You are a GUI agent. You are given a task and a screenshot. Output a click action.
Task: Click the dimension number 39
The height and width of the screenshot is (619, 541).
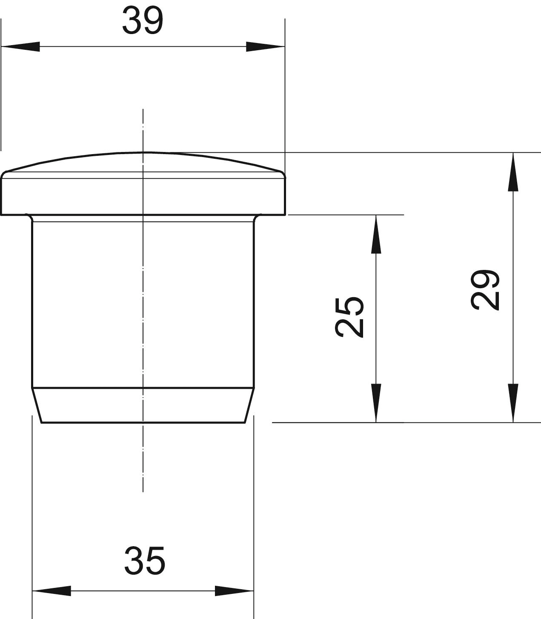coord(143,20)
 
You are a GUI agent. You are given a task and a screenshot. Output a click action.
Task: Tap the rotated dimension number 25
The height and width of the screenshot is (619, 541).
coord(349,317)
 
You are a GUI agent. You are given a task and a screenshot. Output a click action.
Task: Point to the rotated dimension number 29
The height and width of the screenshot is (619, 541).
coord(485,289)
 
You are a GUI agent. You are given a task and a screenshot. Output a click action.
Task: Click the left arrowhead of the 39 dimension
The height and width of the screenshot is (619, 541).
coord(20,46)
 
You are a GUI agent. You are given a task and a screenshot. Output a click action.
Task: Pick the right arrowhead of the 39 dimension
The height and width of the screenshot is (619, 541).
coord(266,46)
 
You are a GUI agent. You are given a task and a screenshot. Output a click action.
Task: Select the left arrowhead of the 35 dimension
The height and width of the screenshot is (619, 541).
coord(52,591)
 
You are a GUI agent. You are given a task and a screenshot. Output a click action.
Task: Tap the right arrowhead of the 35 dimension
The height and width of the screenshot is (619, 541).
coord(234,591)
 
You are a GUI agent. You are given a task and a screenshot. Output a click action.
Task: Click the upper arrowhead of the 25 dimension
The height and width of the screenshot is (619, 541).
coord(376,234)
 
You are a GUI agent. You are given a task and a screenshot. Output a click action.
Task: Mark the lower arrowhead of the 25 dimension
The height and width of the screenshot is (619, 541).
coord(376,403)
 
